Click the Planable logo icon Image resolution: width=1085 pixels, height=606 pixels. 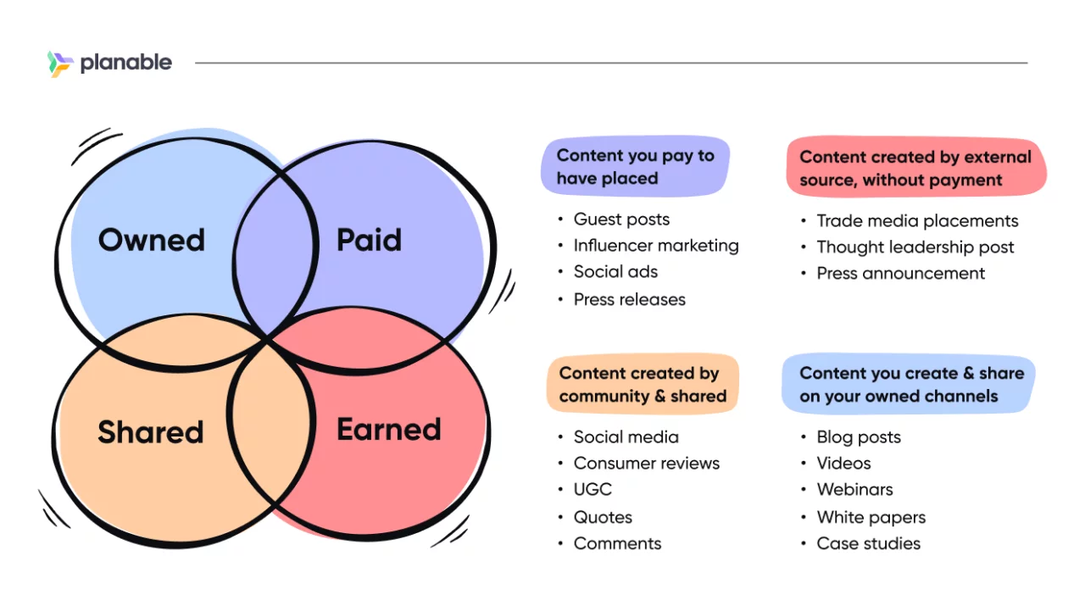60,64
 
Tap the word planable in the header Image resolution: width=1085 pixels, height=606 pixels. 125,63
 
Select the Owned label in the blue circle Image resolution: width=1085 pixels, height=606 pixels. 152,241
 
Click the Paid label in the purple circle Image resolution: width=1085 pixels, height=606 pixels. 369,241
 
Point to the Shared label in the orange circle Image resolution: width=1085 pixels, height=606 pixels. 151,432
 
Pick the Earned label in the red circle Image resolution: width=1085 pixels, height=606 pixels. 389,430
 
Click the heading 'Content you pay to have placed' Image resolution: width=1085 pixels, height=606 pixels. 635,167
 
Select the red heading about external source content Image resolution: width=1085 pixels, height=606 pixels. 915,168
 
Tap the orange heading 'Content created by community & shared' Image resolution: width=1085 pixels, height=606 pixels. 643,385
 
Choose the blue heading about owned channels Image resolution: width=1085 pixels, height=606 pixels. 911,385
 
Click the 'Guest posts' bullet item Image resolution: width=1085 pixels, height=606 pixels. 621,220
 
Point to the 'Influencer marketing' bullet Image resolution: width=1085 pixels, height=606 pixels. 656,246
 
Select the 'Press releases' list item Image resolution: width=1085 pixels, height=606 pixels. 629,299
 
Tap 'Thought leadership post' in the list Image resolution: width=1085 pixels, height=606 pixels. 915,247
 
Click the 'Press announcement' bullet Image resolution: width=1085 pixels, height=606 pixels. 901,274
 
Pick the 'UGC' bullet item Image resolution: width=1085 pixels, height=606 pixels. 593,490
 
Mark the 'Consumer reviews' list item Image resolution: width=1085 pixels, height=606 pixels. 646,464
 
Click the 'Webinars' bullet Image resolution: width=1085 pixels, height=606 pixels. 854,490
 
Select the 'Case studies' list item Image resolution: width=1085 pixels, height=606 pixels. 868,544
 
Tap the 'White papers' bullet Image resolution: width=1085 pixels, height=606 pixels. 871,517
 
